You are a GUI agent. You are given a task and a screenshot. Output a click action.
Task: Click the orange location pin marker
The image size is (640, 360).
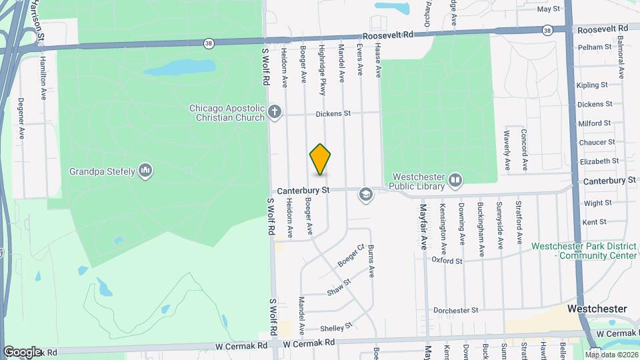tap(321, 159)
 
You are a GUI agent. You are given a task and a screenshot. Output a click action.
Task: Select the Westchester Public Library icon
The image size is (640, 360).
tap(455, 179)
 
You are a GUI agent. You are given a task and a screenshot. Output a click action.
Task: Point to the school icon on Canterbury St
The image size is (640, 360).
tap(365, 194)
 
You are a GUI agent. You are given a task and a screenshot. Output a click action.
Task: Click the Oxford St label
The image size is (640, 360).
tap(447, 261)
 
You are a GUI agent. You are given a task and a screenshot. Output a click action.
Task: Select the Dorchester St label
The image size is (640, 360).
tap(456, 310)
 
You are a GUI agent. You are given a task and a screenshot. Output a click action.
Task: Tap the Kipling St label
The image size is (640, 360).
tap(592, 85)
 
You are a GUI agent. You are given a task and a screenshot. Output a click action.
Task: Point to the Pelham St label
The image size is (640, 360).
tap(594, 47)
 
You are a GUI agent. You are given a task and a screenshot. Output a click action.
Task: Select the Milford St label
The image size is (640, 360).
tap(595, 123)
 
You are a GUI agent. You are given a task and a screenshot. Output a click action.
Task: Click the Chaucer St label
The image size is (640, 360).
tap(597, 143)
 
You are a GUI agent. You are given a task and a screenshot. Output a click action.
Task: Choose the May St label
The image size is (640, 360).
tap(548, 9)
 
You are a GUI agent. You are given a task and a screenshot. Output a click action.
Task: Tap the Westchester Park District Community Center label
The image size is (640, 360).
tap(584, 251)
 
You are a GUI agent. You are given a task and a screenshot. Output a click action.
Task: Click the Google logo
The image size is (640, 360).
tap(22, 351)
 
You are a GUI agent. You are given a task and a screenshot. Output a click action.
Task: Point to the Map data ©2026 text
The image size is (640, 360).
tap(611, 354)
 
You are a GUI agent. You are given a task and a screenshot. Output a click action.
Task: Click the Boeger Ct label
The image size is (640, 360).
tap(351, 255)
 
